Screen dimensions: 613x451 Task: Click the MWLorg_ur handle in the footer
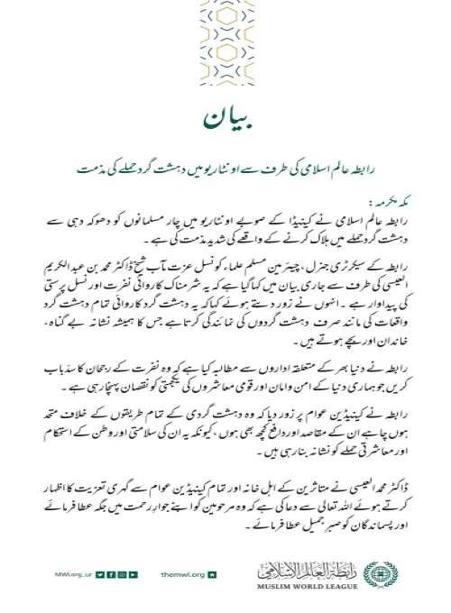[72, 574]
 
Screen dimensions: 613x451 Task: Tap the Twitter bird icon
[100, 574]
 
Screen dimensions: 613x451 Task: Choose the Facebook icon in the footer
[111, 574]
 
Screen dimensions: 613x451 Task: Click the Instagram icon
[122, 574]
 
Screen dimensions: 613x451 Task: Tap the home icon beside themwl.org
[211, 574]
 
